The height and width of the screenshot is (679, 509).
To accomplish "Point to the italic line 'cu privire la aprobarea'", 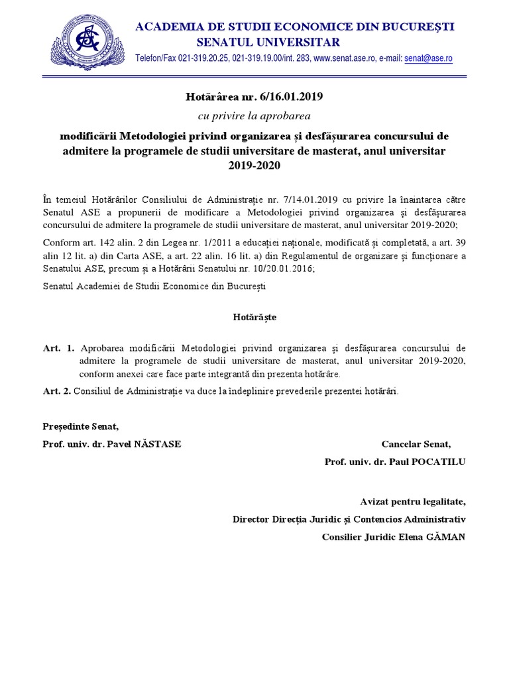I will (254, 116).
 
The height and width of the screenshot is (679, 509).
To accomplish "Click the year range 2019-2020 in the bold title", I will (254, 166).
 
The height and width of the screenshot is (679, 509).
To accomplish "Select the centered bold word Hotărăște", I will (254, 317).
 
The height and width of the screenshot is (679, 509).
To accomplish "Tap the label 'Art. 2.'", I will (56, 391).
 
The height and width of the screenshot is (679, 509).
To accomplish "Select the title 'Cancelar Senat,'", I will (416, 444).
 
